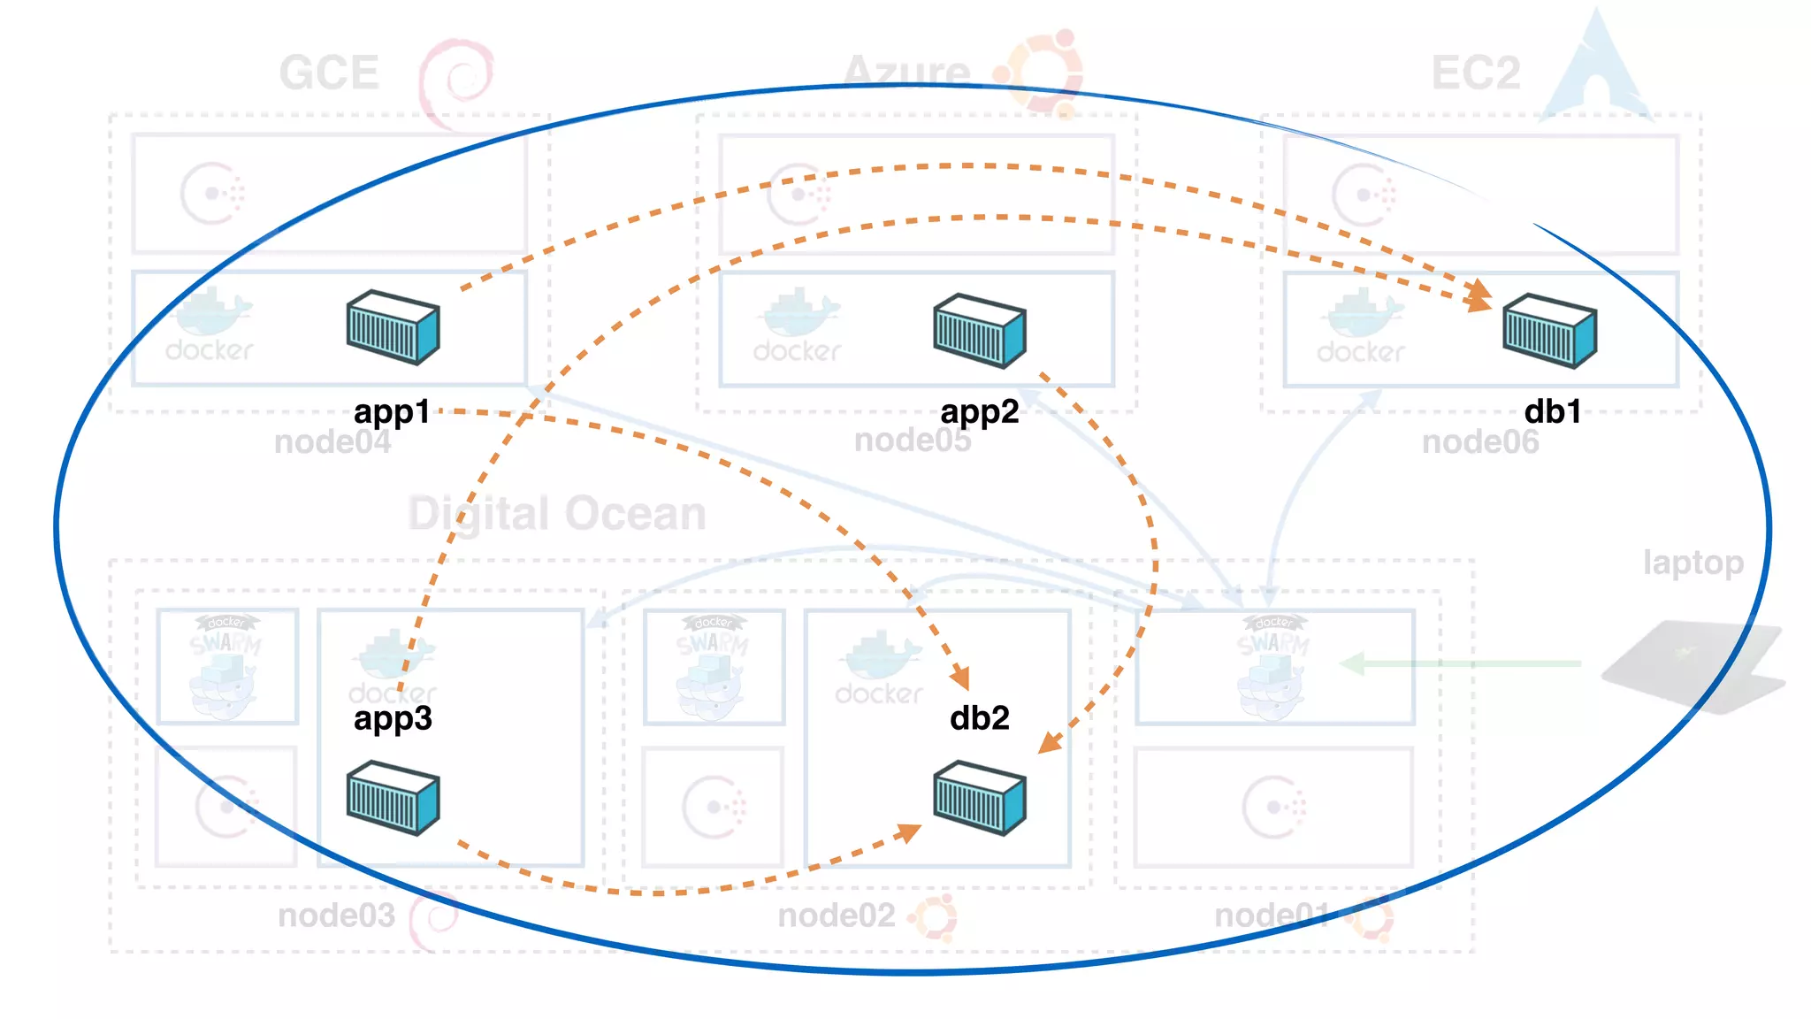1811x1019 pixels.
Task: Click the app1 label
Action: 392,412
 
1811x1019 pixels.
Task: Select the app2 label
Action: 979,412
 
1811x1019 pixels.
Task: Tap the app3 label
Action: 393,718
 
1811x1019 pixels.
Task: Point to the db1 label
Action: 1552,412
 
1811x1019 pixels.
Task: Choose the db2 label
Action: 979,718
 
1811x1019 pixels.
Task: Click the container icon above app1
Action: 393,327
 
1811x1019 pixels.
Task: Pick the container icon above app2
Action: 979,331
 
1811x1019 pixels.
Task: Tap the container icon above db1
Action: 1549,331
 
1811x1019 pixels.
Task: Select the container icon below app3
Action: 393,798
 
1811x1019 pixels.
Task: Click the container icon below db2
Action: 979,798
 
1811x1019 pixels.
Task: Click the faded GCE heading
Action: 329,73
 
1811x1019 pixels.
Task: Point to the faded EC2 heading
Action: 1475,73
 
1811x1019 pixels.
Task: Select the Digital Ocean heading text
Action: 557,514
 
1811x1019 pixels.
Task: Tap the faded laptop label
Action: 1693,563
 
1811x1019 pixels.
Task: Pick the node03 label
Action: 336,916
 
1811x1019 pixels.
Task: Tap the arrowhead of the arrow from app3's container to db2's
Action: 908,831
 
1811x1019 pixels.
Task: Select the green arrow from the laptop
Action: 1459,663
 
